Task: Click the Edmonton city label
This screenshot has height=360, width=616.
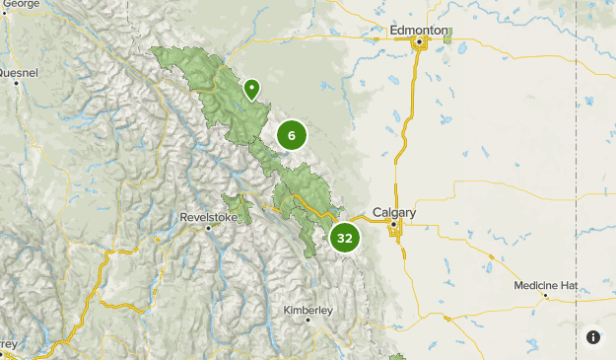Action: (x=420, y=31)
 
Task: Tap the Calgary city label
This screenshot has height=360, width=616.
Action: (x=394, y=212)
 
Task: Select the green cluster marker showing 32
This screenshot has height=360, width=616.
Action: (x=344, y=238)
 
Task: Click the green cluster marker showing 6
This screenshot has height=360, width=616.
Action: (x=292, y=135)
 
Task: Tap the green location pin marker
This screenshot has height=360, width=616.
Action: (x=252, y=90)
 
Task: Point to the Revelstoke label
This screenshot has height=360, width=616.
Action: (x=210, y=216)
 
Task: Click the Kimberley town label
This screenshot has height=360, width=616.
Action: (x=308, y=310)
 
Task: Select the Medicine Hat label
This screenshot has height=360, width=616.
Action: (x=545, y=285)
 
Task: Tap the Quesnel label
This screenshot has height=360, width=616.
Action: (x=19, y=72)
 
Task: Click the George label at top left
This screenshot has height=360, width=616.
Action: (x=21, y=4)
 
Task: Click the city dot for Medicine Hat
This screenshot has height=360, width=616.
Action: (x=545, y=295)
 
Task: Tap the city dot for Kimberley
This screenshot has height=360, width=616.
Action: (x=308, y=321)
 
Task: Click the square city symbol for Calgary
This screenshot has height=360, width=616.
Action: (x=393, y=225)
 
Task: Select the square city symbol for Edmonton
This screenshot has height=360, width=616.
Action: (x=419, y=42)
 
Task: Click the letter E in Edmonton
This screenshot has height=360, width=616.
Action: (x=393, y=31)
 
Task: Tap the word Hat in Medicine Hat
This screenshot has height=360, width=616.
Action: (x=567, y=285)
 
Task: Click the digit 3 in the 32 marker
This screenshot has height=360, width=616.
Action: (x=339, y=238)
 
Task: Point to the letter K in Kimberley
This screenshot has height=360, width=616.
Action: (x=287, y=310)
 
